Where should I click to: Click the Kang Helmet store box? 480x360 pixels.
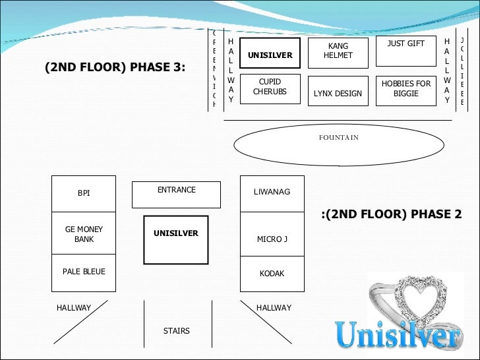pos(338,53)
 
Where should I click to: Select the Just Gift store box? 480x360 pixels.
pos(405,51)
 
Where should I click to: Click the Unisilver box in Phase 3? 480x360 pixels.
pos(270,53)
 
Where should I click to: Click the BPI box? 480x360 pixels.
pos(84,194)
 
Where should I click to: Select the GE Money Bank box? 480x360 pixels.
pos(84,234)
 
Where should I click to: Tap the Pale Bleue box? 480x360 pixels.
pos(84,272)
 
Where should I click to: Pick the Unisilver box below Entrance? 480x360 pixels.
pos(176,240)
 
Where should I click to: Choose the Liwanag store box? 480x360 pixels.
pos(272,193)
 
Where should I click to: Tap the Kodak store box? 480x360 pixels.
pos(272,274)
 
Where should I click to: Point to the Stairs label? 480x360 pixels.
pos(176,331)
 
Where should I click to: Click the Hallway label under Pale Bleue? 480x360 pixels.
pos(74,308)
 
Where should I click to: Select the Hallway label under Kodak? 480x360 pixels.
pos(274,308)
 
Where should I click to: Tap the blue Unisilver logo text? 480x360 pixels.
pos(398,336)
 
